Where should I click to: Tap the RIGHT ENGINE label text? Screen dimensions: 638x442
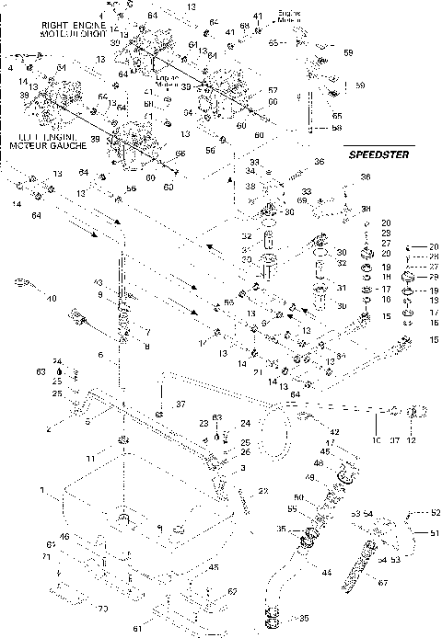(33, 18)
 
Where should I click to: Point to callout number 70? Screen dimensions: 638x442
(103, 608)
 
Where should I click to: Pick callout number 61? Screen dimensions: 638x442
(163, 628)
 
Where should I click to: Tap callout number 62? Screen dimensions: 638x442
(232, 591)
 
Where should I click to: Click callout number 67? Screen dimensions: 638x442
(380, 581)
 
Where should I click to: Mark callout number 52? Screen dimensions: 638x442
(436, 512)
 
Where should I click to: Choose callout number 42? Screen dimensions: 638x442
(335, 431)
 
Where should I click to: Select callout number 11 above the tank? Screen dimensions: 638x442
(116, 457)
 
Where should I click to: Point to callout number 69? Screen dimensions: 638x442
(304, 199)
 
